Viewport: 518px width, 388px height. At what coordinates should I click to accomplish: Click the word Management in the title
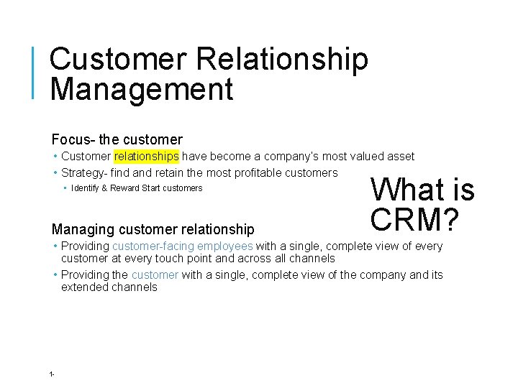tap(142, 90)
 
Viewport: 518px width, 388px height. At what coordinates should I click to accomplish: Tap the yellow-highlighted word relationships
tap(146, 157)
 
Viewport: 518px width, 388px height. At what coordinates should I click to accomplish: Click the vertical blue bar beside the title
tap(33, 72)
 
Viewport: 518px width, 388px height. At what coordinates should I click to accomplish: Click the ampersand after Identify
tap(104, 188)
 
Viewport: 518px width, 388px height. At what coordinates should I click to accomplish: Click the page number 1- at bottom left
tap(53, 374)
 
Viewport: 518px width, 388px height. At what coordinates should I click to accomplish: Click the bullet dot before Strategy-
tap(55, 173)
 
